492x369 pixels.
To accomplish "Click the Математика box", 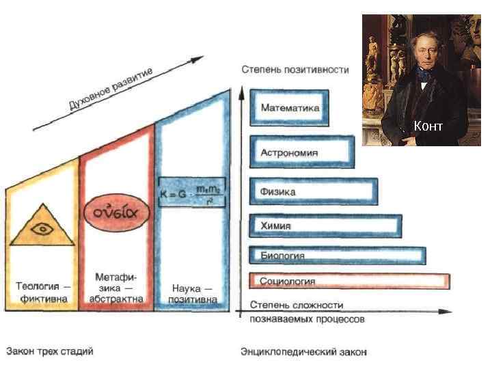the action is (290, 108).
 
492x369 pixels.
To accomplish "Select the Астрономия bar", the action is (301, 152).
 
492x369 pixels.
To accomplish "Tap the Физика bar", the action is (314, 191).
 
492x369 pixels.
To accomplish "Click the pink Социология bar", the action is (349, 281).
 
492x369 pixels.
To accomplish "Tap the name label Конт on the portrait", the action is (428, 126).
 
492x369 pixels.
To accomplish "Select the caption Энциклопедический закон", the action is (303, 352).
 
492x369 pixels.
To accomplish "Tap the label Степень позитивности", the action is (295, 70).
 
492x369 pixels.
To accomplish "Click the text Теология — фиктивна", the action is (42, 292).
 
